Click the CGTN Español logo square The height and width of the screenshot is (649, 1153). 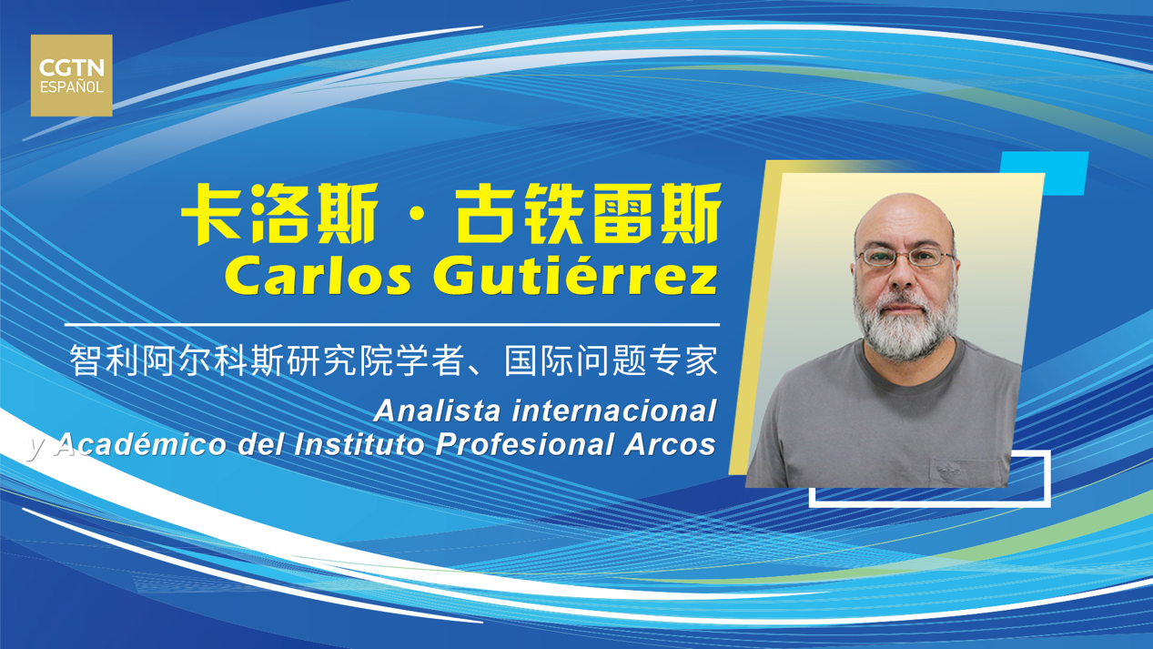tap(72, 76)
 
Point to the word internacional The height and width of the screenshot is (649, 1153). tap(614, 411)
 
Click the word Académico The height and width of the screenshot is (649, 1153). tap(141, 443)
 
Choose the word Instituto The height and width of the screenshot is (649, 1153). tap(359, 444)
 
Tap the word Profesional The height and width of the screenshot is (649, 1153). tap(524, 444)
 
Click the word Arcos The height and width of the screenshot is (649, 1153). tap(670, 444)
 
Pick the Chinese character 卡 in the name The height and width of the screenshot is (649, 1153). tap(212, 214)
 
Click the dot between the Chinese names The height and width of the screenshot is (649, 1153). tap(417, 216)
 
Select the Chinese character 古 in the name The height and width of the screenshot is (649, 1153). tap(486, 214)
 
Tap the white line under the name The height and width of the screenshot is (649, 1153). tap(391, 325)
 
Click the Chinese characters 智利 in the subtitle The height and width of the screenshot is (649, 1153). tap(105, 360)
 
